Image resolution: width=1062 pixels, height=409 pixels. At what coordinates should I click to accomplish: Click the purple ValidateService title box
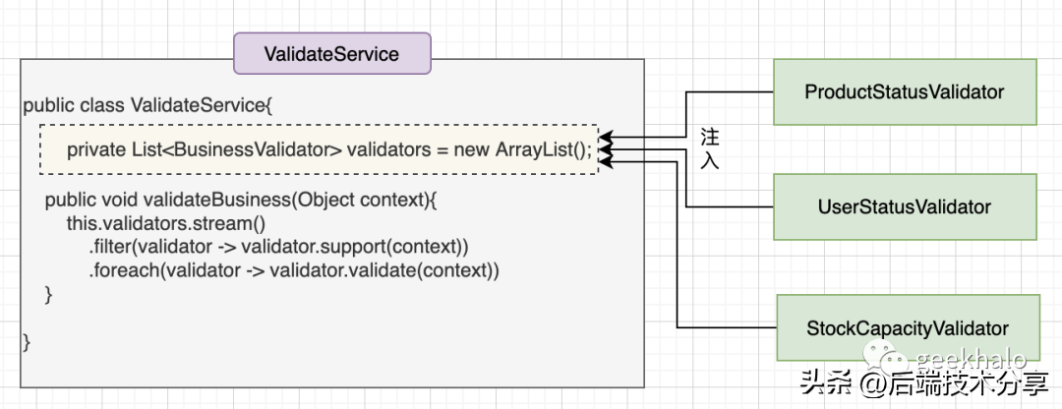[332, 53]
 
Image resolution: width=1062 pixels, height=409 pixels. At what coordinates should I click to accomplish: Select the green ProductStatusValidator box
[905, 92]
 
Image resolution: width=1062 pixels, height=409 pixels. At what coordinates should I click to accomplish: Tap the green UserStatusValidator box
[905, 206]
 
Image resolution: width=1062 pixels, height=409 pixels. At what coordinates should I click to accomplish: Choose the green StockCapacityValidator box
[908, 328]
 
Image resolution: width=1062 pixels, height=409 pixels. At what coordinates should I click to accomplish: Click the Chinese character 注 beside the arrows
[710, 139]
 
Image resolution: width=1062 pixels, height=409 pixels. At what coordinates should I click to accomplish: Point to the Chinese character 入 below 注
[710, 162]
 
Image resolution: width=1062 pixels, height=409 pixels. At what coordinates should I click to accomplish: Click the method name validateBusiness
[218, 201]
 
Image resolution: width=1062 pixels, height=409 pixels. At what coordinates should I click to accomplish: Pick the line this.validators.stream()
[166, 223]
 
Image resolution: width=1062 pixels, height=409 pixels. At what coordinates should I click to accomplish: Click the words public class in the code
[75, 105]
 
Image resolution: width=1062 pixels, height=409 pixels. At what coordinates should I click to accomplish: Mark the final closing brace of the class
[28, 342]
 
